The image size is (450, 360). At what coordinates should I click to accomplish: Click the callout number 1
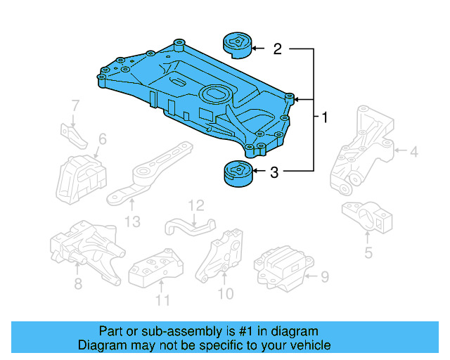point(324,117)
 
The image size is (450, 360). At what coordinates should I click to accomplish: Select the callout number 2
point(277,49)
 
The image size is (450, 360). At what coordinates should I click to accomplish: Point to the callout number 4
point(414,150)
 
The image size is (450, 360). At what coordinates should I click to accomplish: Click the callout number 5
point(368,252)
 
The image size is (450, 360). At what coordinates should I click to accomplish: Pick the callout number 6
point(102,140)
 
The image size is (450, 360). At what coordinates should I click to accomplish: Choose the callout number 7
point(76,107)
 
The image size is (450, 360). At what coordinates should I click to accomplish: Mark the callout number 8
point(78,283)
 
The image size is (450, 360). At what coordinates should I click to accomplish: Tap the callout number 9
point(324,277)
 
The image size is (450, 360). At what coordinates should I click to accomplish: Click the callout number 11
point(162,302)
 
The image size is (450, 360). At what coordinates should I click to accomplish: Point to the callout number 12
point(195,205)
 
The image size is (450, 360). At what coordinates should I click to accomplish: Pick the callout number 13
point(132,222)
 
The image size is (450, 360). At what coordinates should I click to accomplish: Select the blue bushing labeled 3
point(237,174)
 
